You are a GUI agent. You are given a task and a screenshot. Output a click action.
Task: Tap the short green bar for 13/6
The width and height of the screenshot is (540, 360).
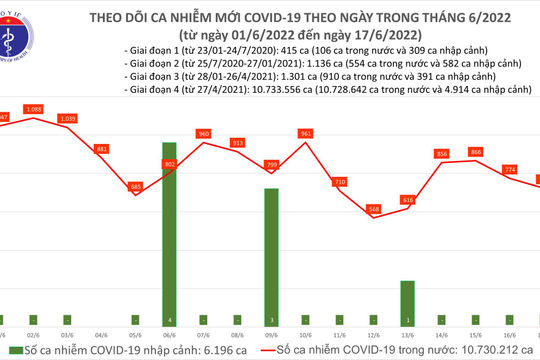(x=407, y=297)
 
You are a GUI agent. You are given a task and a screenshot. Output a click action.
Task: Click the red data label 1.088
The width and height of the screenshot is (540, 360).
(x=33, y=109)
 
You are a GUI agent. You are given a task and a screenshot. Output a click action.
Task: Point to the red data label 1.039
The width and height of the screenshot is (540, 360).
(x=68, y=119)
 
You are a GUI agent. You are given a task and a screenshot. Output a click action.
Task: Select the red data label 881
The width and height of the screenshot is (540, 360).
(x=101, y=149)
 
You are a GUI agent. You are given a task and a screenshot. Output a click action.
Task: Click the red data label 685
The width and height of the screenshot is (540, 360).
(x=136, y=186)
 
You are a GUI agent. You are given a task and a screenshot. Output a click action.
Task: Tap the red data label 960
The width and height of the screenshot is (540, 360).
(x=203, y=133)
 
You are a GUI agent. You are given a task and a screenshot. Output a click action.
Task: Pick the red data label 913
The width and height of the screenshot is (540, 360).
(x=238, y=143)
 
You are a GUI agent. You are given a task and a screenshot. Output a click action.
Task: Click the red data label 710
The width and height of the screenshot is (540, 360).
(x=340, y=181)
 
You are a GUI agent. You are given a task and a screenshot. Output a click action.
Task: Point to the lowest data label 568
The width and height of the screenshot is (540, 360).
(x=374, y=208)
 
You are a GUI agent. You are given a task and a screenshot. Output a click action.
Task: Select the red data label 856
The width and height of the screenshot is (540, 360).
(x=442, y=153)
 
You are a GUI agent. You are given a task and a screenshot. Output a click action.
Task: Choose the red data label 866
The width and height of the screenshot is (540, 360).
(x=476, y=151)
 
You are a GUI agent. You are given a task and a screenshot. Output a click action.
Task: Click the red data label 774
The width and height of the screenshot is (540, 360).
(x=510, y=169)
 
